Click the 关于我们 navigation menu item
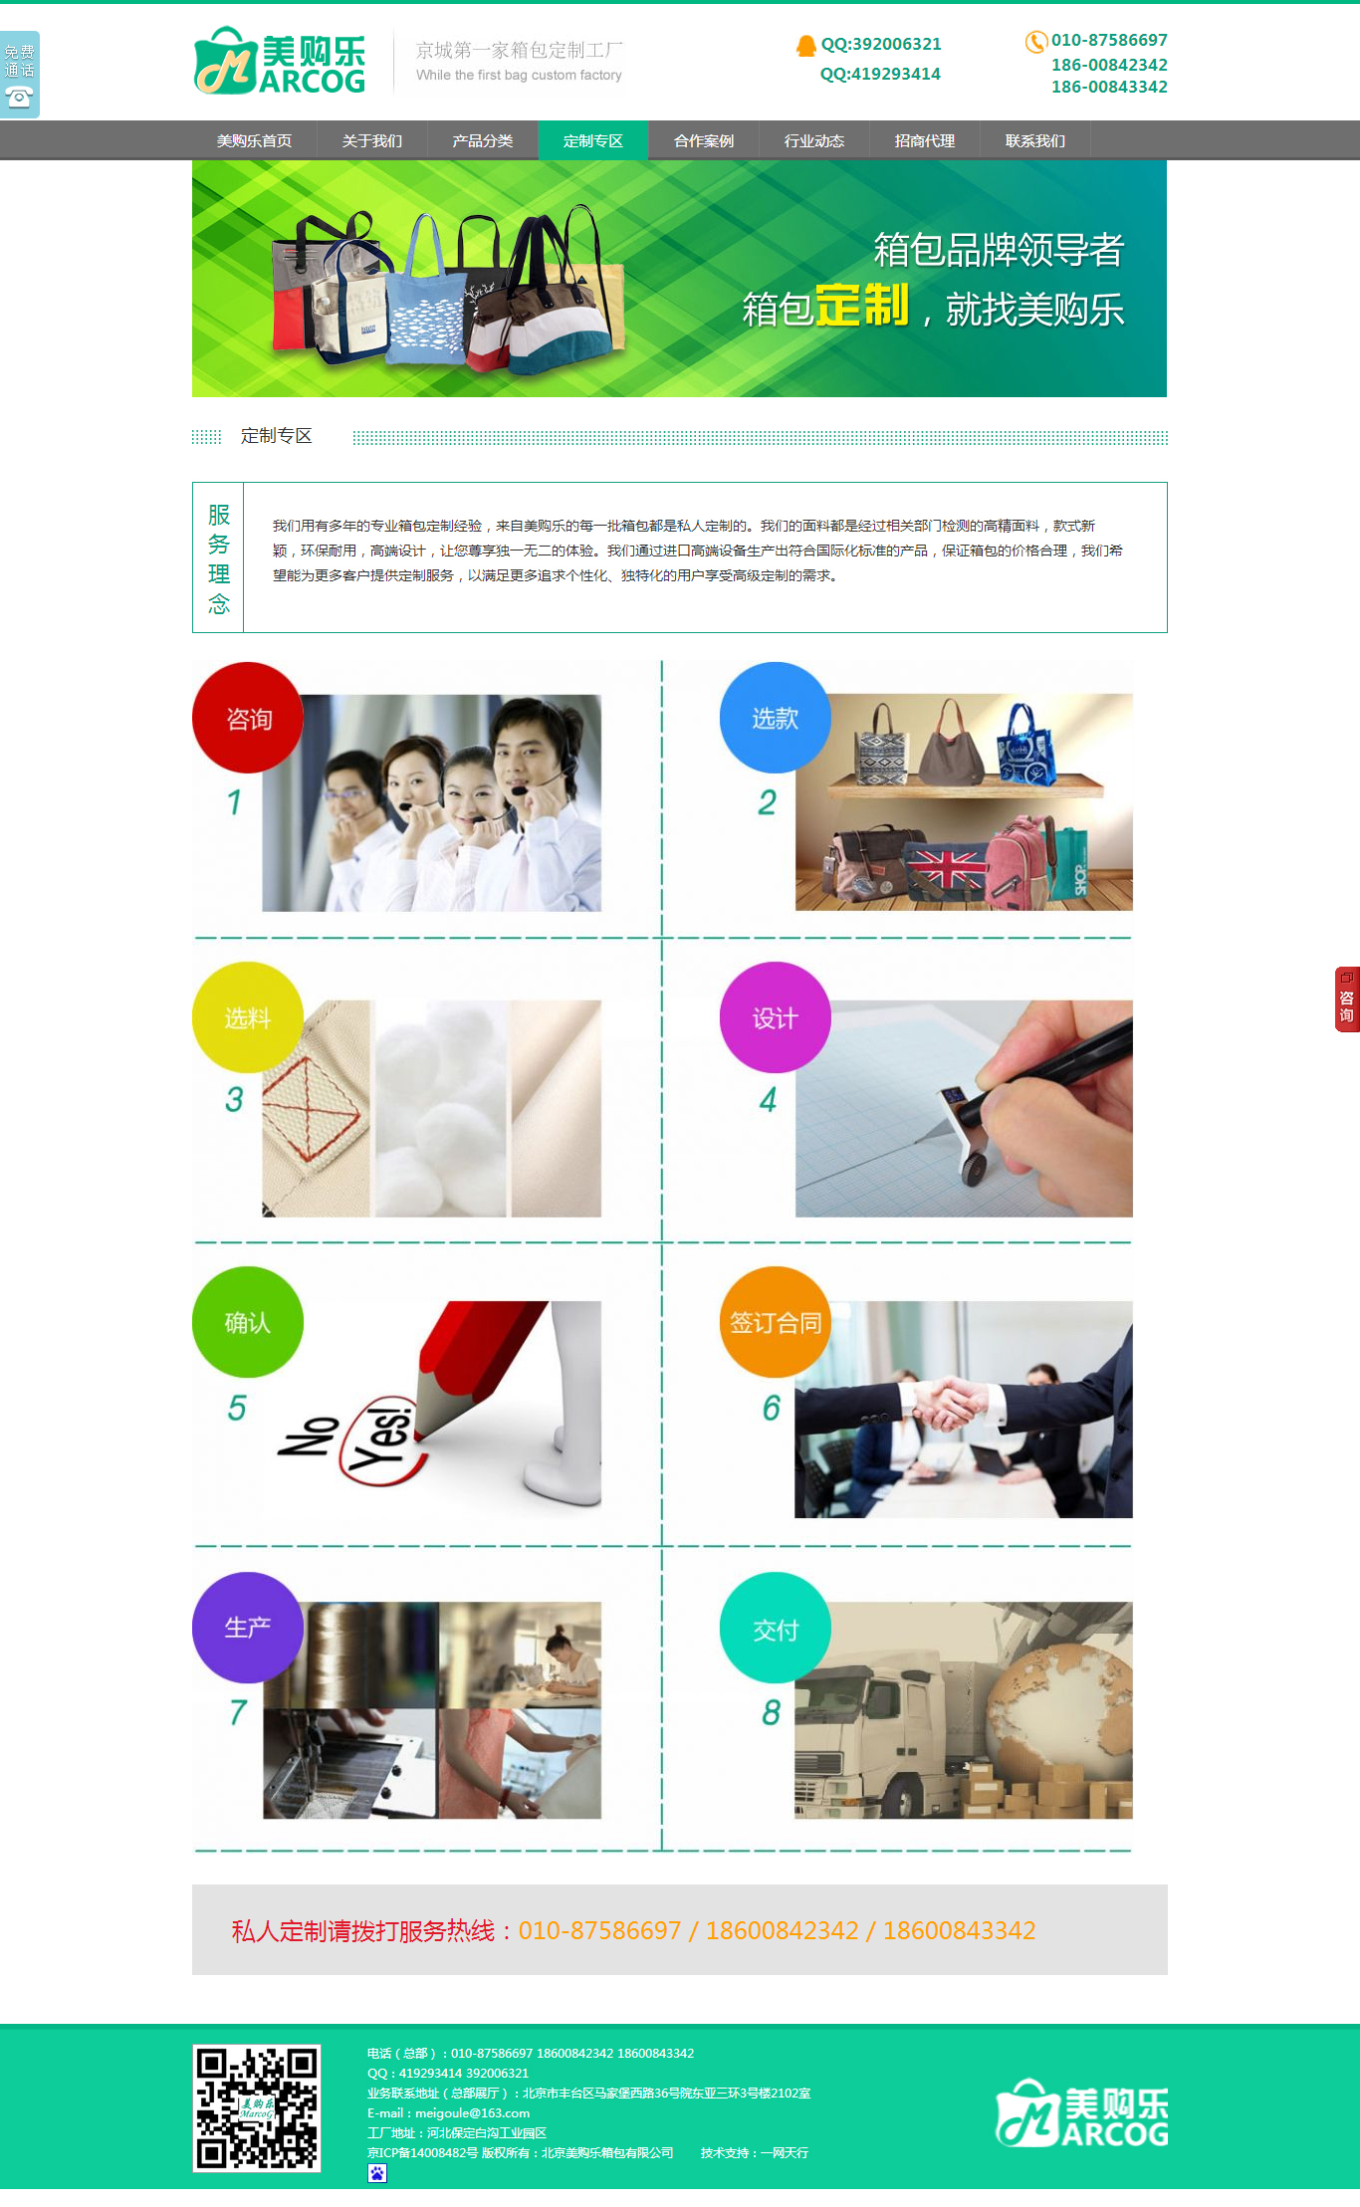coord(372,140)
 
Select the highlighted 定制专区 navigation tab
coord(593,140)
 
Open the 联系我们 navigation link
coord(1035,140)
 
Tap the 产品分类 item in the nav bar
coord(483,140)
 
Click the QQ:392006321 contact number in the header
coord(881,44)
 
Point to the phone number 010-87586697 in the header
coord(1109,40)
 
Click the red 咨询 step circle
coord(248,718)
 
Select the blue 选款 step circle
coord(776,718)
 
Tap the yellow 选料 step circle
coord(248,1017)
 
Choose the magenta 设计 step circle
coord(776,1017)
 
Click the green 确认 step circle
coord(248,1322)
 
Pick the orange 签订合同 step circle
coord(776,1322)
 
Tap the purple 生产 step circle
coord(248,1628)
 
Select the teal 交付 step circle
coord(776,1628)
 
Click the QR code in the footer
coord(257,2108)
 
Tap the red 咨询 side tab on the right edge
coord(1347,999)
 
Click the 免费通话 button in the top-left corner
coord(20,75)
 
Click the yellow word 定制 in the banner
coord(862,305)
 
